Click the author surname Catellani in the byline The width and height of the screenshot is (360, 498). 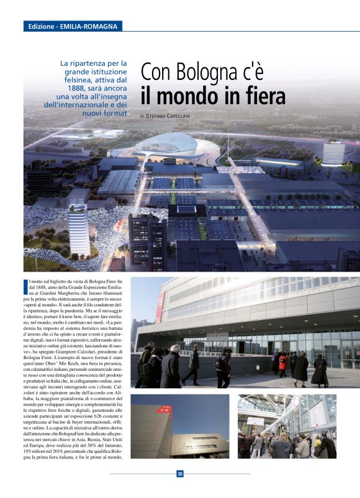pyautogui.click(x=196, y=116)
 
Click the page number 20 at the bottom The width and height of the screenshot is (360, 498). pyautogui.click(x=180, y=474)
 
